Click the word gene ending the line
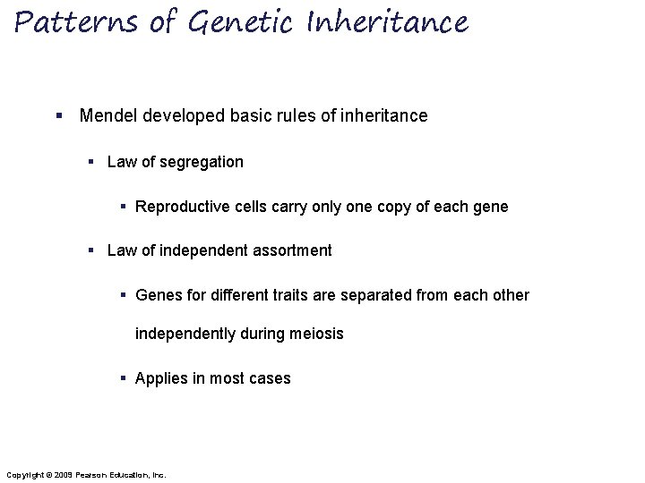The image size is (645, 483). pyautogui.click(x=489, y=207)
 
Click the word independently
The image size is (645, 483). pyautogui.click(x=184, y=334)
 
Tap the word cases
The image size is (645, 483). pyautogui.click(x=269, y=378)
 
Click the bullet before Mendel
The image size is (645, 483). pyautogui.click(x=58, y=116)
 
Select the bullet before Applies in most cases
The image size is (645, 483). pyautogui.click(x=125, y=378)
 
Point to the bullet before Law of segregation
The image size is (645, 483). pyautogui.click(x=91, y=162)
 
